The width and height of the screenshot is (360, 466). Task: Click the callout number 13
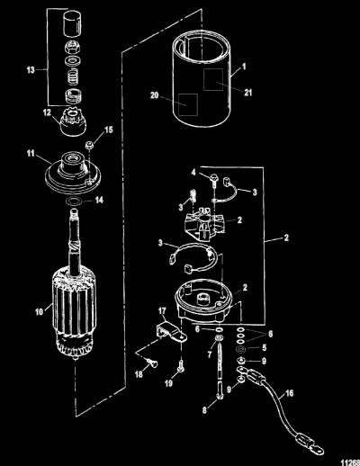tap(31, 70)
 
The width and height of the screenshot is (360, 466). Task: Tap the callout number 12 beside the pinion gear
tap(47, 112)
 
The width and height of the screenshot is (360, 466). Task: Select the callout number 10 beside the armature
tap(40, 312)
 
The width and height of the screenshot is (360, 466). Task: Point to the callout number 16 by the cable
tap(289, 393)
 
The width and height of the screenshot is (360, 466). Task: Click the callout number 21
tap(247, 93)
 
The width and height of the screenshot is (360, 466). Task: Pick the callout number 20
tap(154, 95)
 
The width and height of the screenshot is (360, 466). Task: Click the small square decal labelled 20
tap(188, 104)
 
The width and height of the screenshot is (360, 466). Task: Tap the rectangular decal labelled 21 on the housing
tap(213, 79)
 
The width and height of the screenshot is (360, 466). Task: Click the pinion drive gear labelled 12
tap(73, 123)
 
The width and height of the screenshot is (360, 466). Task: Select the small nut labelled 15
tap(88, 146)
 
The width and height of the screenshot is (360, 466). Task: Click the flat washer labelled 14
tap(72, 202)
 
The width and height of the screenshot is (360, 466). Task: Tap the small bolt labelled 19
tap(181, 367)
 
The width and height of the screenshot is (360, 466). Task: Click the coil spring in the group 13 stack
tap(72, 76)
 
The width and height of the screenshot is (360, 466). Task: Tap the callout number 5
tap(264, 348)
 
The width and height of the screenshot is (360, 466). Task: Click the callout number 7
tap(210, 354)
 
